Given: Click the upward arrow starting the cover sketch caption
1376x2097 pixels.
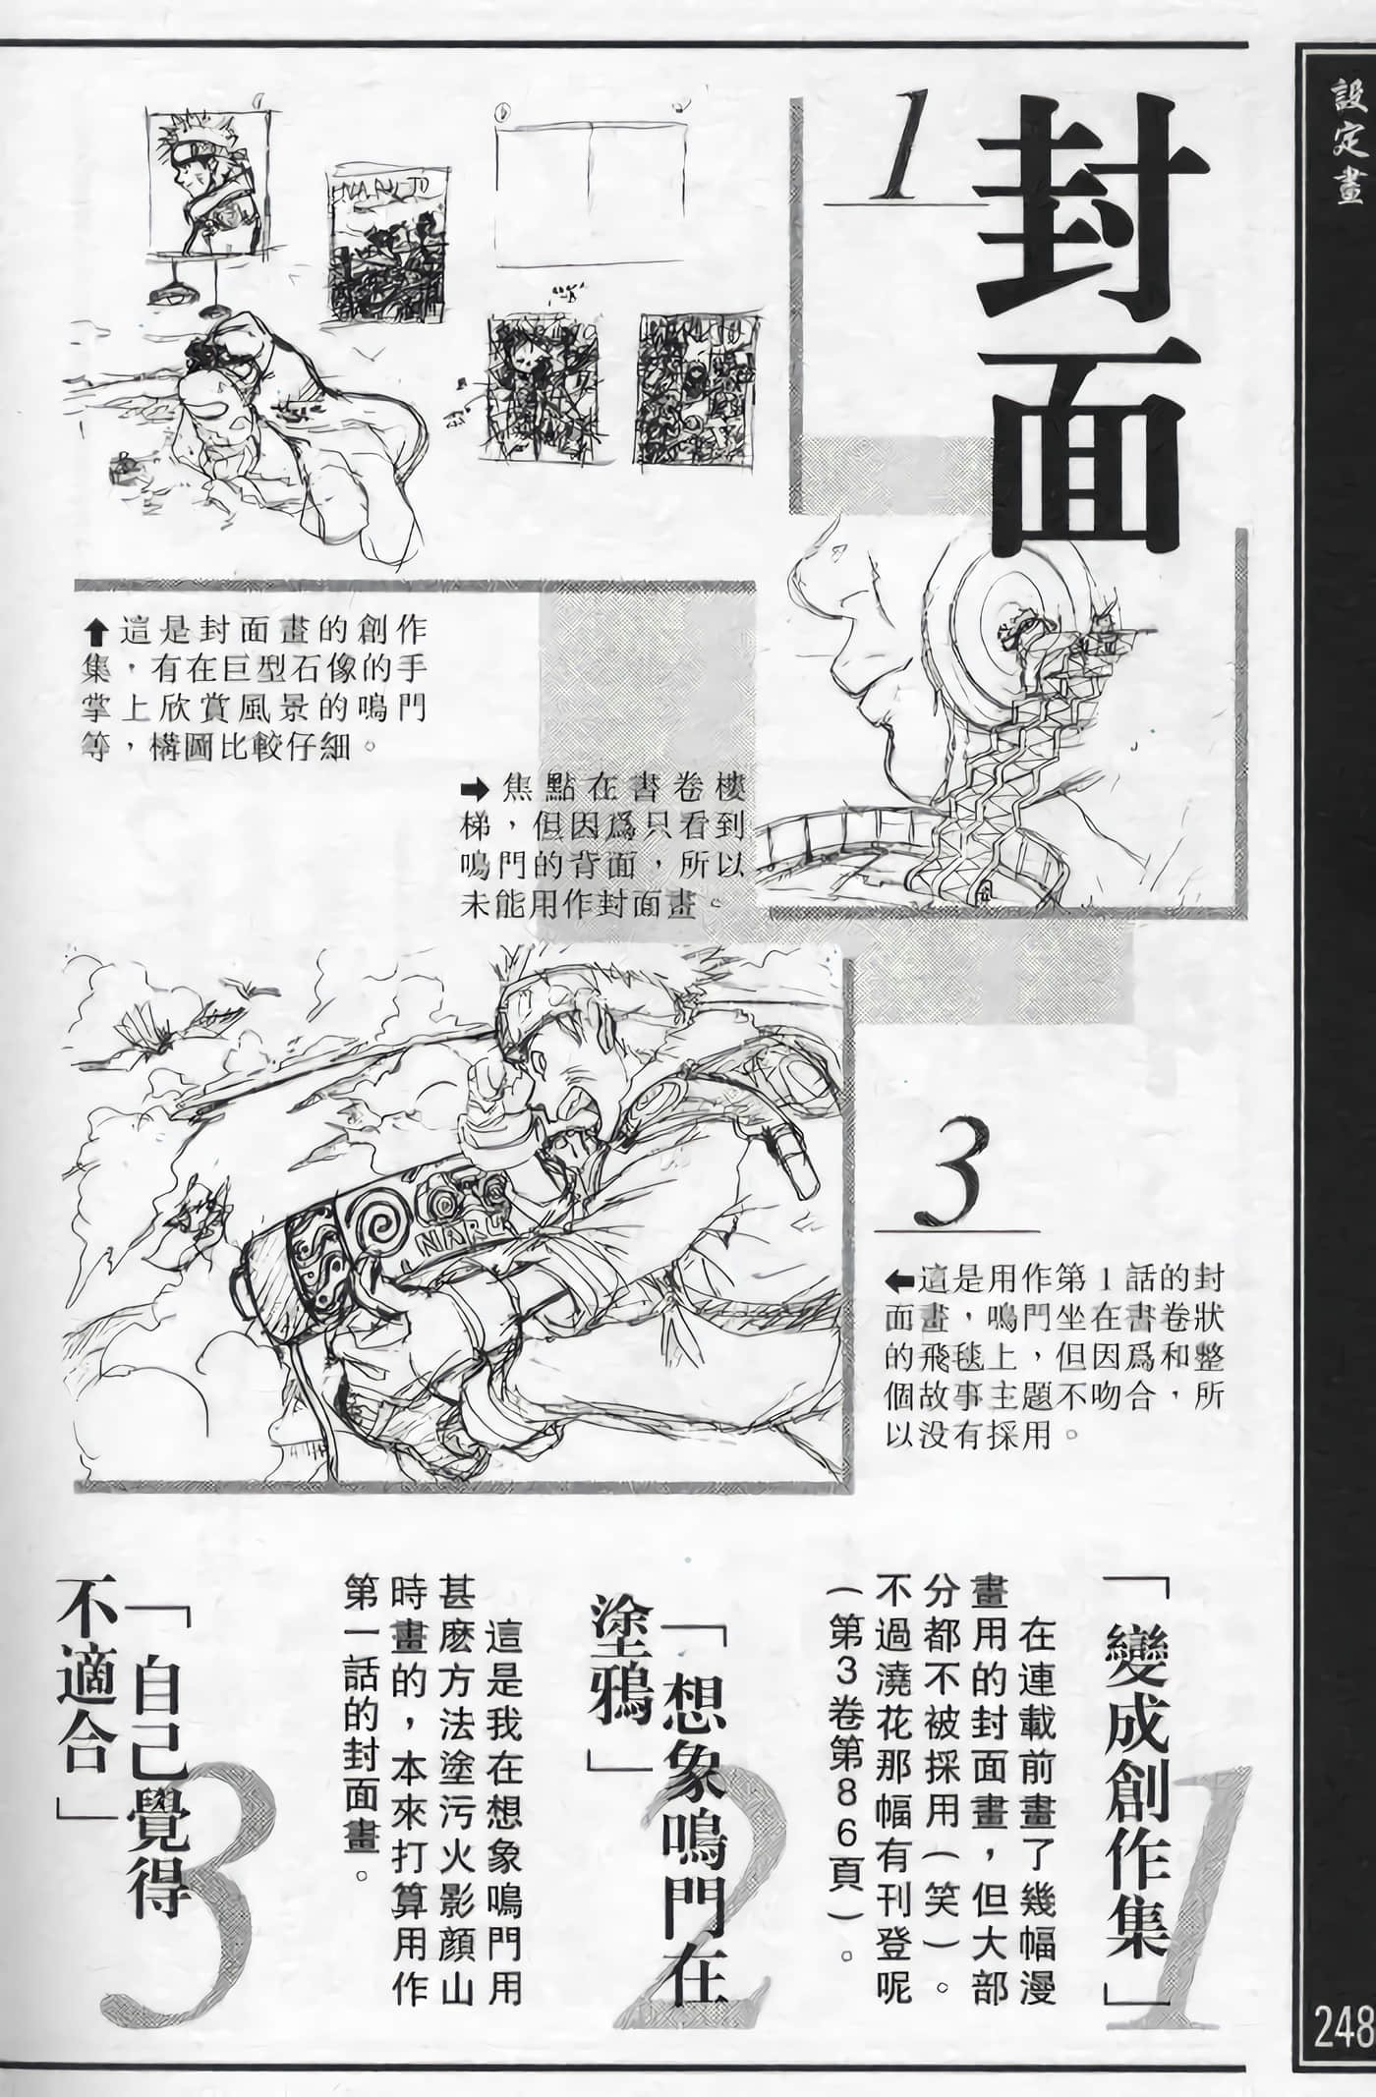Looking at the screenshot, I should (x=95, y=626).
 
